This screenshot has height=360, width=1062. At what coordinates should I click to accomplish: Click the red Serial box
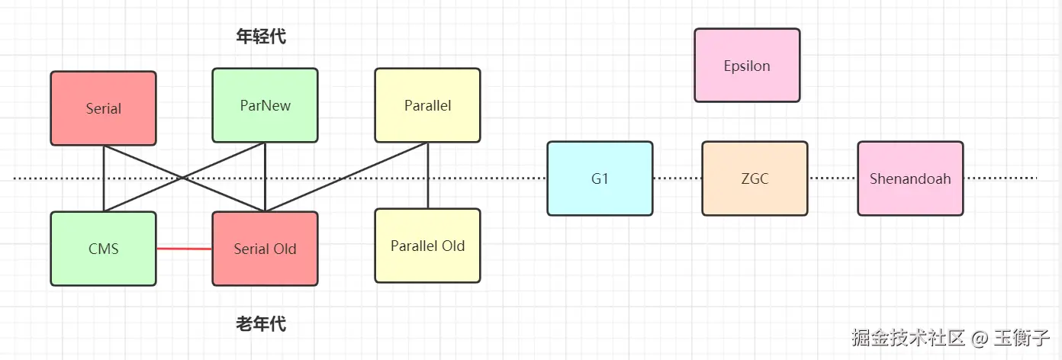pos(103,108)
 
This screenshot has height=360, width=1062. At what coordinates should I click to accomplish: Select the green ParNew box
pos(265,105)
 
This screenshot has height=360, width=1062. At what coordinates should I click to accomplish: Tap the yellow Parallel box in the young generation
pos(428,105)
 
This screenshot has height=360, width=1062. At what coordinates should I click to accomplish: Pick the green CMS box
pos(103,249)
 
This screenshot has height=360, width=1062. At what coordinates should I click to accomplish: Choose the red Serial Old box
pos(265,249)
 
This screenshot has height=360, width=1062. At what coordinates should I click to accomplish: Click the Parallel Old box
pos(428,246)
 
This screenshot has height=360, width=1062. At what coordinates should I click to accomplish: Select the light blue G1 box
pos(600,178)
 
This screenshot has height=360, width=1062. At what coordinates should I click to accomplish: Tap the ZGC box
pos(755,178)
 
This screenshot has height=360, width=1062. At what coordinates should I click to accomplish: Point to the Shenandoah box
pos(910,178)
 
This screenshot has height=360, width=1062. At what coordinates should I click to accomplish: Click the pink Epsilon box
pos(747,66)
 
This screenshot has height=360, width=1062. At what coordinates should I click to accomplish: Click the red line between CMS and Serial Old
pos(184,249)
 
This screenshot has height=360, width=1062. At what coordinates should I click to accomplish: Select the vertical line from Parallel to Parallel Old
pos(428,175)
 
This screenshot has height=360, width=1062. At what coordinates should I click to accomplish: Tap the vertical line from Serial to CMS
pos(104,178)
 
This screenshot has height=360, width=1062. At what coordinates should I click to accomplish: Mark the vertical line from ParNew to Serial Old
pos(265,177)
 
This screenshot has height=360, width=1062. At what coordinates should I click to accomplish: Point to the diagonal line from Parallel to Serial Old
pos(346,177)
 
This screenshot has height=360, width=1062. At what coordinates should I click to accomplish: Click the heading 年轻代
pos(261,37)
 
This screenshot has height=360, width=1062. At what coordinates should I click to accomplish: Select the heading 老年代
pos(261,324)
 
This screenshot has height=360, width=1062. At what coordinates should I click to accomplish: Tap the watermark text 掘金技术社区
pos(909,338)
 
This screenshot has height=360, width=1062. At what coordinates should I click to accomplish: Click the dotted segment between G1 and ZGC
pos(677,178)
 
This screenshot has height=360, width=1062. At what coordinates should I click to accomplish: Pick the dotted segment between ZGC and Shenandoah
pos(832,178)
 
